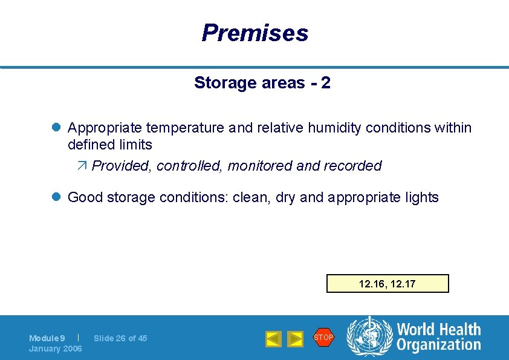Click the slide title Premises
[x=254, y=33]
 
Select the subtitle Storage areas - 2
[x=262, y=83]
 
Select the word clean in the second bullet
[x=250, y=197]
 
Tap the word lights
[x=422, y=197]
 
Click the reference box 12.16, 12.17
[x=387, y=284]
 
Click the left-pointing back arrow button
[x=273, y=339]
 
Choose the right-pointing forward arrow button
[x=295, y=339]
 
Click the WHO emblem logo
[x=369, y=337]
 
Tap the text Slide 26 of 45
[x=120, y=338]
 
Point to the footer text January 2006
[x=55, y=349]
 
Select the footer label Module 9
[x=47, y=338]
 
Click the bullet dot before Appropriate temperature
[x=56, y=128]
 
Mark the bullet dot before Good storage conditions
[x=56, y=197]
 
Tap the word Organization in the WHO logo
[x=438, y=345]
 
